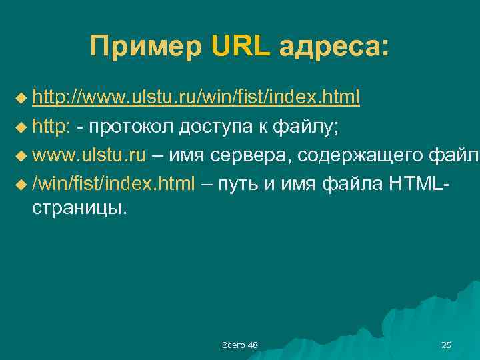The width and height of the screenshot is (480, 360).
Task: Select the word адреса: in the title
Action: coord(333,47)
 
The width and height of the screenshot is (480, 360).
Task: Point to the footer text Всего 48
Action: coord(240,345)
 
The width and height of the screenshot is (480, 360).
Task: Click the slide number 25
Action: coord(446,345)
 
